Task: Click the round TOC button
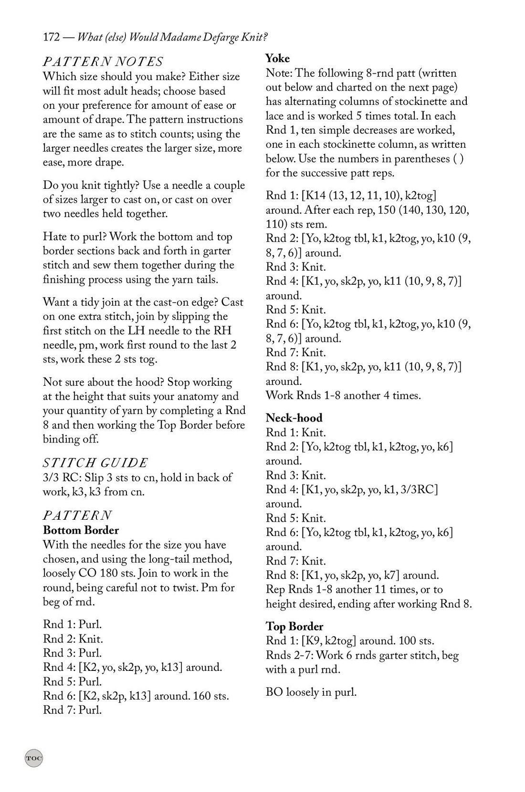[x=34, y=758]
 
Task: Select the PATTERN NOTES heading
[x=103, y=62]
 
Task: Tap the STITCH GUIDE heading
[x=95, y=463]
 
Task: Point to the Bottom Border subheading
[x=81, y=530]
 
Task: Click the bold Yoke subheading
[x=277, y=58]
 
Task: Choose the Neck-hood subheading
[x=294, y=418]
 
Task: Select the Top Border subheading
[x=294, y=627]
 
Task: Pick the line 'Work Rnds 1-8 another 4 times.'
[x=343, y=395]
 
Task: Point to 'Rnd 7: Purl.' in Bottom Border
[x=72, y=710]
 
